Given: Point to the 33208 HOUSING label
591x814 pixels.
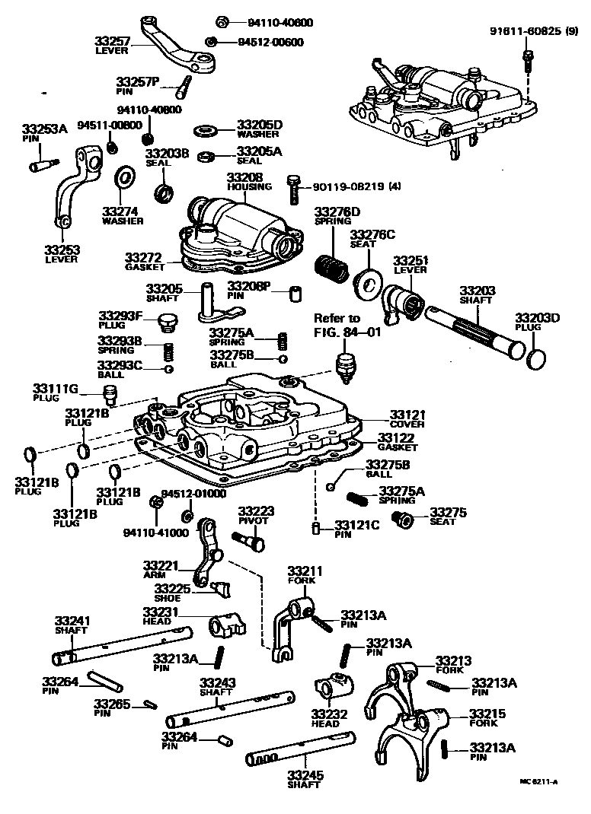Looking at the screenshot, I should (244, 181).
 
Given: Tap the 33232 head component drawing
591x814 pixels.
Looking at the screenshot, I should (332, 689).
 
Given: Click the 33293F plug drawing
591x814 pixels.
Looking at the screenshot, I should (167, 325).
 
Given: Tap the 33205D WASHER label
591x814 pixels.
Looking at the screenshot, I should (259, 129).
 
